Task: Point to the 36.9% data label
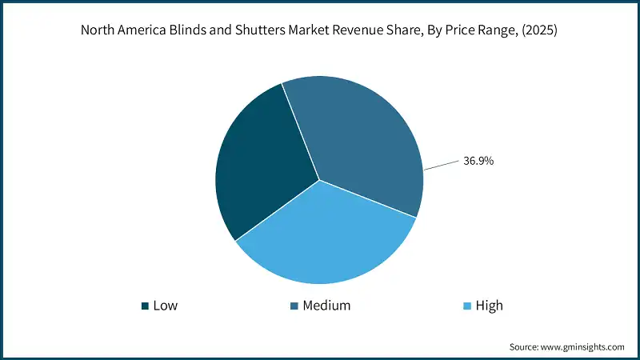coord(478,161)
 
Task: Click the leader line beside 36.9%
coord(440,166)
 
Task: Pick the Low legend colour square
coord(145,306)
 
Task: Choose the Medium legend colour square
coord(294,306)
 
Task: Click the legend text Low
coord(165,306)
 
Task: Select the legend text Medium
coord(326,306)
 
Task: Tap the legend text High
coord(489,306)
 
